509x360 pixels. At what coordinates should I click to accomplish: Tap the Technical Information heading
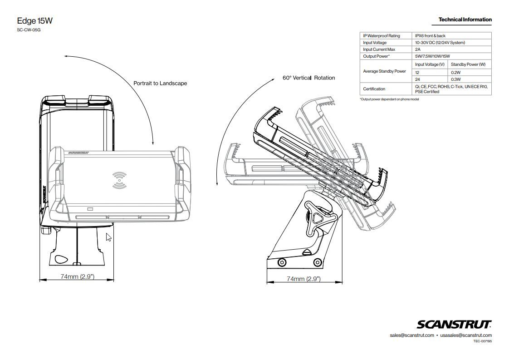(465, 20)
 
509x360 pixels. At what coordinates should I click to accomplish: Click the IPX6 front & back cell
(430, 36)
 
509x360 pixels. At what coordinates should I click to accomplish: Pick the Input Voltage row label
(375, 43)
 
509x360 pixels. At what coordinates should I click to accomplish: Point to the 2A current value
(418, 49)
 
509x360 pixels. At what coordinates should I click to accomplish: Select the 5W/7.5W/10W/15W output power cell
(432, 56)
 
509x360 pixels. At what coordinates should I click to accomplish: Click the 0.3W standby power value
(455, 79)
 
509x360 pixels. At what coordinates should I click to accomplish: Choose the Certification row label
(374, 89)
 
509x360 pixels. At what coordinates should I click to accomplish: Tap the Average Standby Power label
(384, 71)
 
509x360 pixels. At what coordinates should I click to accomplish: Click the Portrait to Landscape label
(160, 84)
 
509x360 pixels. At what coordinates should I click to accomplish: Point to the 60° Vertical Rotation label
(308, 78)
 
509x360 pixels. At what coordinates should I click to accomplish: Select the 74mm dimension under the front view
(77, 276)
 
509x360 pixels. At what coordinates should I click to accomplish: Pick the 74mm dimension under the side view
(303, 279)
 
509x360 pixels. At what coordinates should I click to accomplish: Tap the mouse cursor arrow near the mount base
(108, 237)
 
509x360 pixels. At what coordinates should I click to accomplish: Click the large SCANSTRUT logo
(454, 324)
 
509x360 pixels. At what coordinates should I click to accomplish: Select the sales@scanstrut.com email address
(411, 335)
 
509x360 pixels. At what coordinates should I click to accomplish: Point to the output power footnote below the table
(389, 99)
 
